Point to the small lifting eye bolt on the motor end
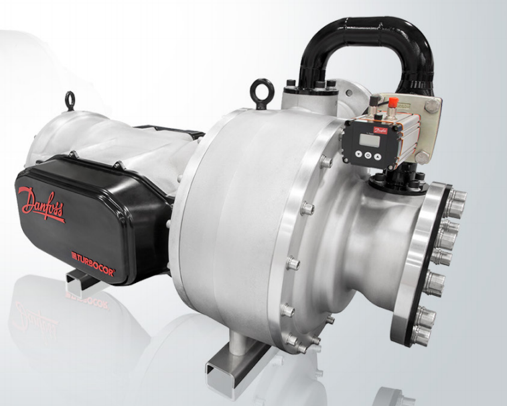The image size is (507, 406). pyautogui.click(x=70, y=101)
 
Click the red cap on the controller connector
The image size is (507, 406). pyautogui.click(x=393, y=101)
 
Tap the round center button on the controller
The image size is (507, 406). pyautogui.click(x=368, y=155)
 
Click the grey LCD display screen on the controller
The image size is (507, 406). pyautogui.click(x=370, y=140)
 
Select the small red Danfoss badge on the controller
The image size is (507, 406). pyautogui.click(x=380, y=130)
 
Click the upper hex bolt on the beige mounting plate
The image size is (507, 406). pyautogui.click(x=432, y=105)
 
